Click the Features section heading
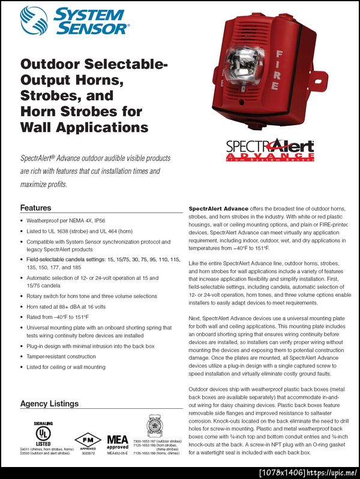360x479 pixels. click(x=36, y=208)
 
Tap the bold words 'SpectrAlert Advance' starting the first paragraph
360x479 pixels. click(x=218, y=208)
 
